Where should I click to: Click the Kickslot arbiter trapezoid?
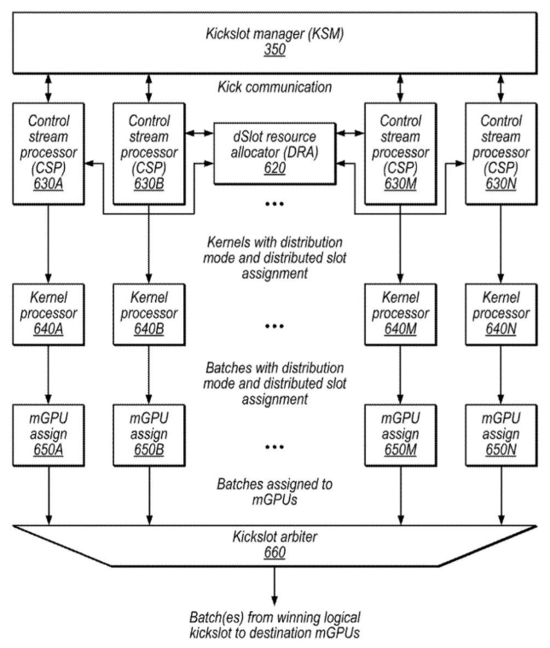click(x=275, y=545)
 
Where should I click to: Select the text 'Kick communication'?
click(x=275, y=87)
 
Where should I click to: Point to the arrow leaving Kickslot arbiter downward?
click(x=275, y=587)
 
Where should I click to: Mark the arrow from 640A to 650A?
click(x=49, y=371)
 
